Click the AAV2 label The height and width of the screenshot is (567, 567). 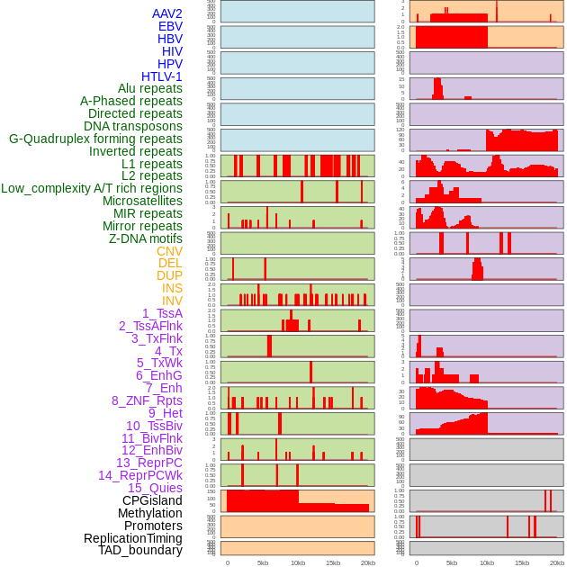166,13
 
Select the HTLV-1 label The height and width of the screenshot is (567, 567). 161,76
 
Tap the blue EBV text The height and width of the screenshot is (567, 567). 170,26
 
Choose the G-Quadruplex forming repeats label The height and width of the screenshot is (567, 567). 95,139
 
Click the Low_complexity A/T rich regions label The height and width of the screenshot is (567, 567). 92,188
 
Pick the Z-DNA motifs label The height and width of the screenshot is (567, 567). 145,238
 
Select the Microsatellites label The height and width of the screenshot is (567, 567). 142,201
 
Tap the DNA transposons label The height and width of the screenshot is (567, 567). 133,127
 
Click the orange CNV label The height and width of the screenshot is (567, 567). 169,251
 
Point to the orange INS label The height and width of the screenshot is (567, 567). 172,288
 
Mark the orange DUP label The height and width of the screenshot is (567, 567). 169,275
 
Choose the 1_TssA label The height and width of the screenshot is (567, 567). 162,313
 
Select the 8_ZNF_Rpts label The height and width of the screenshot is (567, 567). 147,400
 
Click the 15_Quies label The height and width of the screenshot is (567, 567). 155,488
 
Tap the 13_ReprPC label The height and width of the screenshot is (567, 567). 148,463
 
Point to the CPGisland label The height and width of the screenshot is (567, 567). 152,500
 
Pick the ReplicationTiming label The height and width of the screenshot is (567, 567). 132,538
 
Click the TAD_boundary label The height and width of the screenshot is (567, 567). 139,550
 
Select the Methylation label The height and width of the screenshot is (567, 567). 144,513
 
